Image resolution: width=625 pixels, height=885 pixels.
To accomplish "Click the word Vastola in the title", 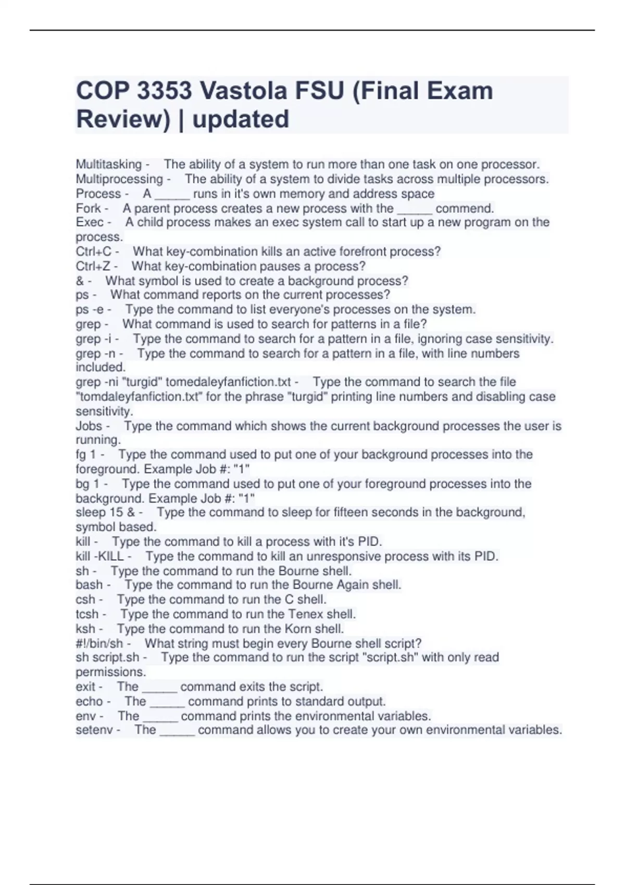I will (244, 91).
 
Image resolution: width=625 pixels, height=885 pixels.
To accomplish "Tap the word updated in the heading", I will (241, 119).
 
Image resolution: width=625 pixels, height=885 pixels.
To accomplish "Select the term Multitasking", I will (109, 165).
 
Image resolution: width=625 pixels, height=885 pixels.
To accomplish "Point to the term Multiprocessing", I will (119, 179).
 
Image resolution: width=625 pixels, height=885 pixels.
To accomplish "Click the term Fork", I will (88, 208).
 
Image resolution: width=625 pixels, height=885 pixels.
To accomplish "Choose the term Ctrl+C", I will (94, 251).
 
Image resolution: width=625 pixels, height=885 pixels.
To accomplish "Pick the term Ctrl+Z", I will (93, 266).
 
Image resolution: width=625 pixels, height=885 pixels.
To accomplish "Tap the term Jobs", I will (89, 426).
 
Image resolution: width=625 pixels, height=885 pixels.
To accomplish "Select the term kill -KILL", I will (99, 556).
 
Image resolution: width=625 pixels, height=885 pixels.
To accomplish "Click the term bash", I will (89, 585).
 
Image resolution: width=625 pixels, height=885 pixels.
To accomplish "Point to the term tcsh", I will (87, 614).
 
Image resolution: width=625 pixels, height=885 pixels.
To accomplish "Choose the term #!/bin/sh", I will (99, 643).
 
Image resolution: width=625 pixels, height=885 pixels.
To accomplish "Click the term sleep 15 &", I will (105, 512).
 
